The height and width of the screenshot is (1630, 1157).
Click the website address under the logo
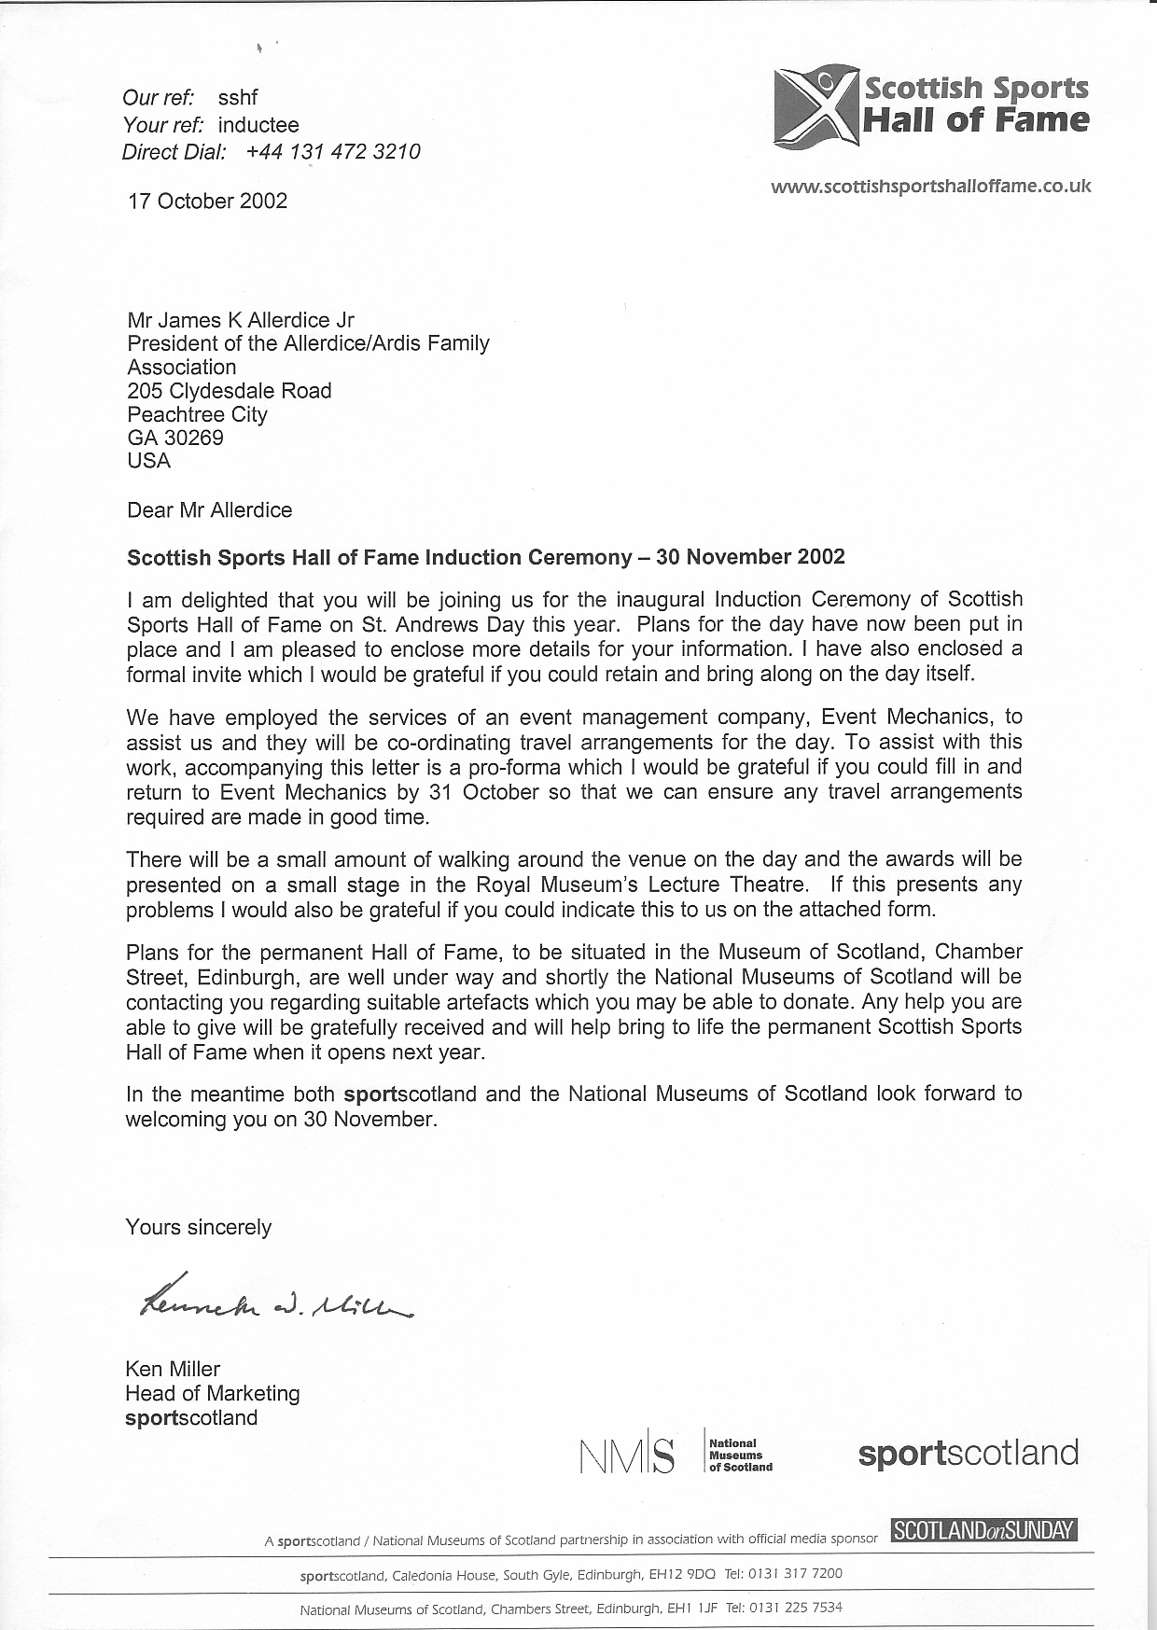point(930,186)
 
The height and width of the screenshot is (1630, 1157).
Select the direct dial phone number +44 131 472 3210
point(333,152)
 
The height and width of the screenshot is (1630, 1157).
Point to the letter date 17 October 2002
point(207,201)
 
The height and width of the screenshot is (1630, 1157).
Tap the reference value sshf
point(237,98)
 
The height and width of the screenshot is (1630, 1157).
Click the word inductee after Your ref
point(258,125)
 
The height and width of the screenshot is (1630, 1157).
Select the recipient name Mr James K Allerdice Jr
point(241,320)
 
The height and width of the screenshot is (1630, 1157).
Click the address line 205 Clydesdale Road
point(230,390)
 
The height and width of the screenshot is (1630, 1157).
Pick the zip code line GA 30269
point(175,438)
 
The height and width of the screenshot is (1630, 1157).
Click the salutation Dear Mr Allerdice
point(209,510)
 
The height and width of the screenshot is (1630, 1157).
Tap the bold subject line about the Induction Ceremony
point(485,558)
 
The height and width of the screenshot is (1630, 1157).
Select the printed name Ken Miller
point(173,1369)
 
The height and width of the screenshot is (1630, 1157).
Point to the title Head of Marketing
point(213,1393)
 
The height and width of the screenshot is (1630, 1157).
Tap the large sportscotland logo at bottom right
point(968,1454)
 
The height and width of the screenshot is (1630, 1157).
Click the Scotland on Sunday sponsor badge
point(984,1530)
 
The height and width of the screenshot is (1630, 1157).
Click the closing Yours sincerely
point(199,1227)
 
